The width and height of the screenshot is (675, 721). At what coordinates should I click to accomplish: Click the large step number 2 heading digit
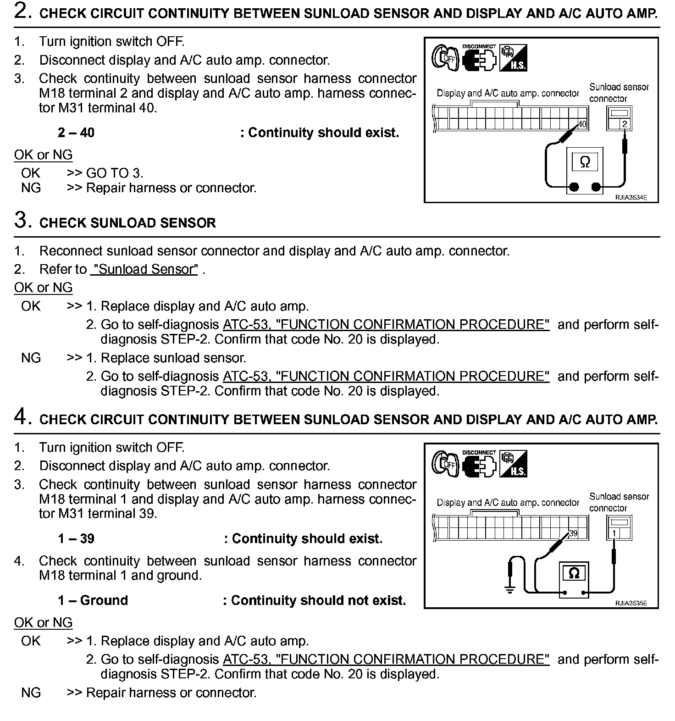(22, 11)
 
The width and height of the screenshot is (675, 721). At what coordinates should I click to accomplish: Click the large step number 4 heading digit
(22, 417)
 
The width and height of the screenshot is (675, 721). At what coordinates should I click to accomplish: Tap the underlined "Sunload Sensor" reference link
(144, 269)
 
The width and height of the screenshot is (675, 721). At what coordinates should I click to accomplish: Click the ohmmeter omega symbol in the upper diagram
(585, 162)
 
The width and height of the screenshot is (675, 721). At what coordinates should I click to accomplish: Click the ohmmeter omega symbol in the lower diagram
(574, 573)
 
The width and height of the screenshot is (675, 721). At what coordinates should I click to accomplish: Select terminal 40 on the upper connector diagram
(582, 124)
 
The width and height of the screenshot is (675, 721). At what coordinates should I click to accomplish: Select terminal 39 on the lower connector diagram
(573, 533)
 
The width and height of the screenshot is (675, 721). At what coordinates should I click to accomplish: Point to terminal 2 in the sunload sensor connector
(624, 124)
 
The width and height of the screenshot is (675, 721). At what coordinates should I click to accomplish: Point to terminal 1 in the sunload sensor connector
(614, 533)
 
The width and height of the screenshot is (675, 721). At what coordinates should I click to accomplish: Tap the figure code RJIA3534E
(631, 198)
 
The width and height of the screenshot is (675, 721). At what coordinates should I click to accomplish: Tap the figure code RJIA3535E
(631, 604)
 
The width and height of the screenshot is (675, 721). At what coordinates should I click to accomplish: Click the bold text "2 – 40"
(76, 133)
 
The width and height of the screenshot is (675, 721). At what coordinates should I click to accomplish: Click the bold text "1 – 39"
(76, 538)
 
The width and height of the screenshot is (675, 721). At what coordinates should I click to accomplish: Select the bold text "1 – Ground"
(93, 600)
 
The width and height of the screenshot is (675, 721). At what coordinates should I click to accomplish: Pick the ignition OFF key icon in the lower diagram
(444, 465)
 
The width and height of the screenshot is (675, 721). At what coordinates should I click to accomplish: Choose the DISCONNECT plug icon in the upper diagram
(479, 58)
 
